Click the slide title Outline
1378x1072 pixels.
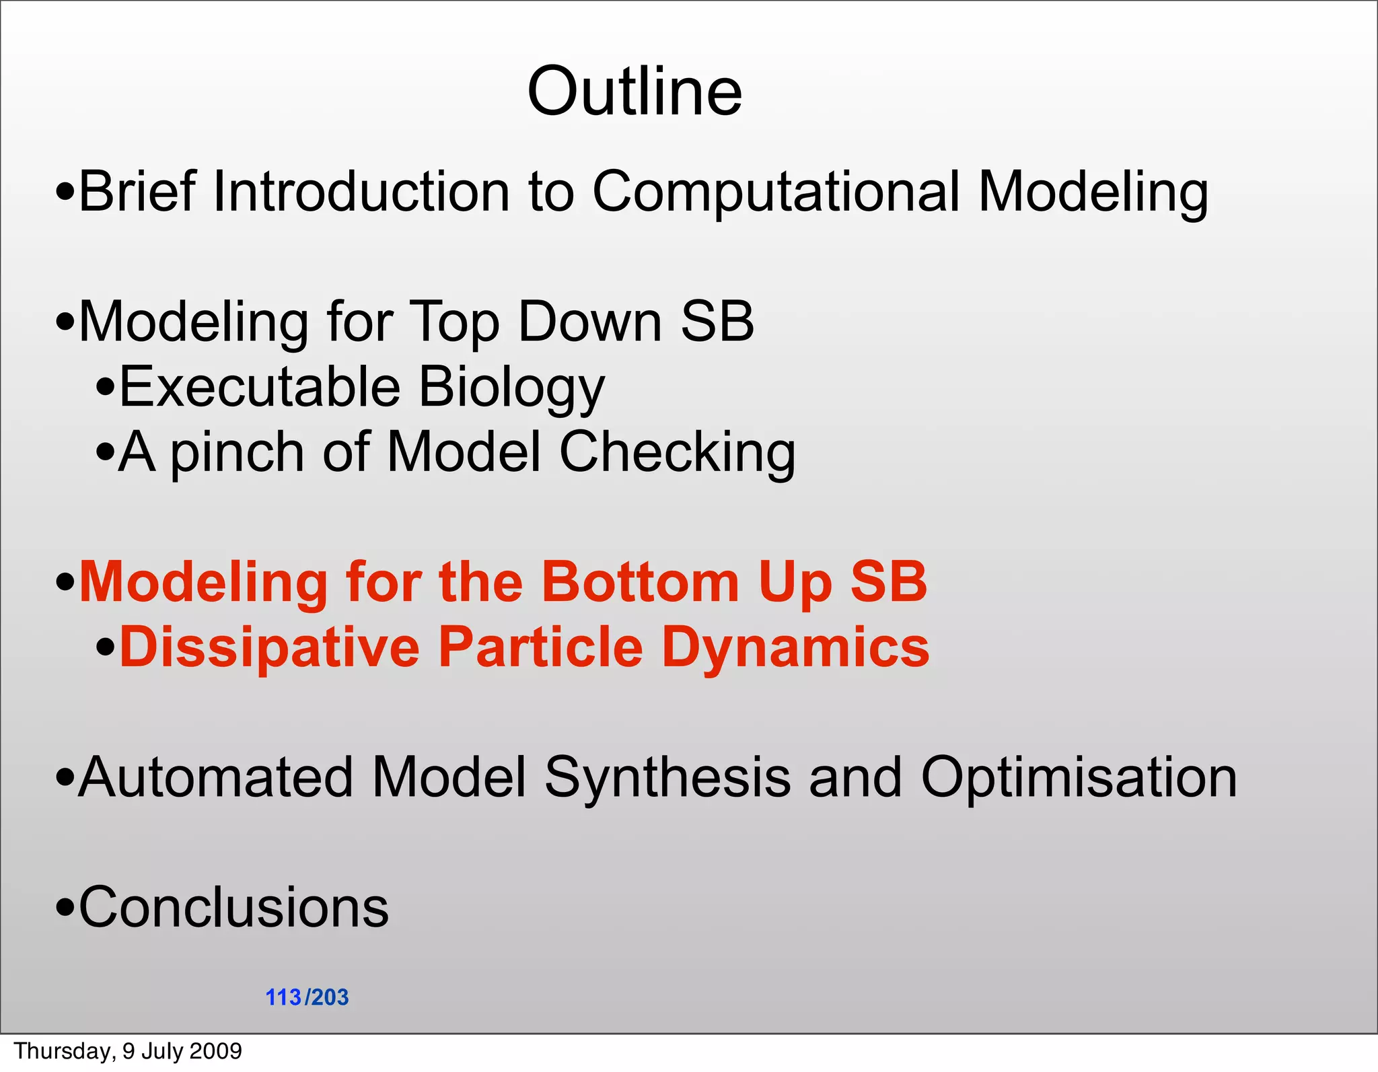[x=634, y=92]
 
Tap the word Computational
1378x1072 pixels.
[x=776, y=192]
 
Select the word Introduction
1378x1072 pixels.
[x=361, y=192]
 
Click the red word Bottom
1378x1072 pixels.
[x=641, y=582]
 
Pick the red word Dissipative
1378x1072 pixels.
[x=269, y=647]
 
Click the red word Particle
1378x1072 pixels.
[x=541, y=647]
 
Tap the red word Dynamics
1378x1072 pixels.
[x=795, y=647]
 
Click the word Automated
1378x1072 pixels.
[x=215, y=778]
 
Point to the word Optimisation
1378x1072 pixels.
[x=1079, y=778]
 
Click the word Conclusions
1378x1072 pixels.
[x=233, y=908]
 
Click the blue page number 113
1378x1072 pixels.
[x=283, y=997]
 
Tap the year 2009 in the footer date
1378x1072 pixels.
[x=216, y=1051]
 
